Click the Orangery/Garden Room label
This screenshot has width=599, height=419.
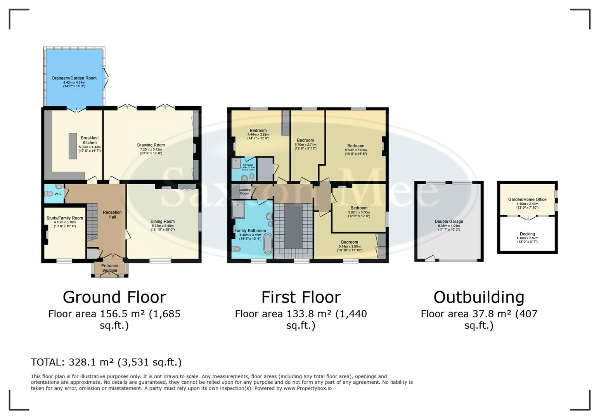[x=74, y=78]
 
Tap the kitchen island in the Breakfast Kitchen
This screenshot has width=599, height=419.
[x=73, y=145]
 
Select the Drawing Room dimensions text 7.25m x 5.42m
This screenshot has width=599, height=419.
[x=151, y=149]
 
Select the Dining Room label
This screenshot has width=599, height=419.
[x=163, y=222]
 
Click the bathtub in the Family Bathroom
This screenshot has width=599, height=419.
[x=268, y=244]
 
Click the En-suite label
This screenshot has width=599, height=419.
[x=248, y=165]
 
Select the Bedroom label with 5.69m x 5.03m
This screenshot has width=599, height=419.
[x=356, y=146]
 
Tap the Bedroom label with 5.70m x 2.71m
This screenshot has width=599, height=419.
[x=305, y=140]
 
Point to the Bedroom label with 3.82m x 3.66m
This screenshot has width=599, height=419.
[x=359, y=208]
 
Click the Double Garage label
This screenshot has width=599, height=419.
[x=449, y=222]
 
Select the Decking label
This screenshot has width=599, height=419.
[x=527, y=234]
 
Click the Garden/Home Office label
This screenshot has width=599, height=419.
[x=527, y=199]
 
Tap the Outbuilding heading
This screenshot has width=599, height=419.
[x=479, y=297]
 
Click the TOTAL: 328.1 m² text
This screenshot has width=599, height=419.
[x=106, y=362]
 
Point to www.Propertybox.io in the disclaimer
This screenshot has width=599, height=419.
[x=308, y=388]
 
